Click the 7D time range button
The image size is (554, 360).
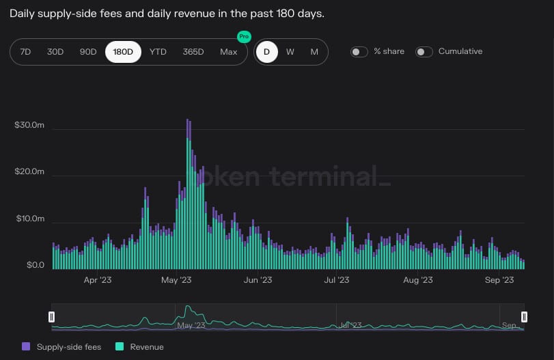point(25,52)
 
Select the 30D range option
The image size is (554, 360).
point(55,52)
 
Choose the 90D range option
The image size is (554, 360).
point(88,52)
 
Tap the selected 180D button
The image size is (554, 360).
point(123,52)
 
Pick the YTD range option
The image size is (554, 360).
point(158,52)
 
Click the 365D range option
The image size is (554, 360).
point(193,52)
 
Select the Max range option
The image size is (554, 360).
point(229,52)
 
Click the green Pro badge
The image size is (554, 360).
point(243,36)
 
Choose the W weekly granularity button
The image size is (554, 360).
point(290,52)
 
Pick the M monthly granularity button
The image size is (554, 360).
point(314,52)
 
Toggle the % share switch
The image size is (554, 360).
point(359,52)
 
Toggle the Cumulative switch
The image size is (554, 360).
point(424,52)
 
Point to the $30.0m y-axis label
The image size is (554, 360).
point(29,126)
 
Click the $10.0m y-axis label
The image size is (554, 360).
point(29,219)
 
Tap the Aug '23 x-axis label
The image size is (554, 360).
point(417,280)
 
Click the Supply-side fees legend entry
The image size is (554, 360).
point(63,347)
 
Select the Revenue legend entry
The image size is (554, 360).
point(141,347)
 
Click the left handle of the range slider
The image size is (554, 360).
point(51,316)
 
